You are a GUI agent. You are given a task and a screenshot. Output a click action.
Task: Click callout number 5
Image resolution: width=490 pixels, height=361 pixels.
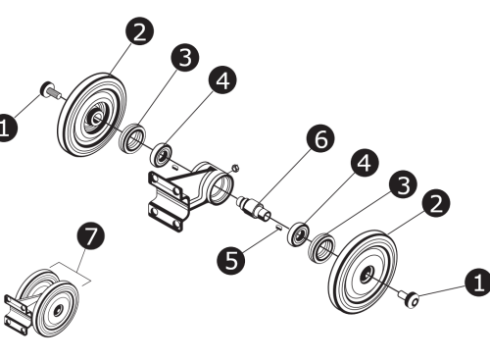230,260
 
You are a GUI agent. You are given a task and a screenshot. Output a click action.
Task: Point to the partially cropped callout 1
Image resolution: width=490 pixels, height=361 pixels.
5,128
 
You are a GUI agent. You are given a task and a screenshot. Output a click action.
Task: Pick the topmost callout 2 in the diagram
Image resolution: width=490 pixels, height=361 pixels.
139,32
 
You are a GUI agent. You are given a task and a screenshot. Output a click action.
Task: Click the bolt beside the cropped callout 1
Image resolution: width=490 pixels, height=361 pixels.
49,92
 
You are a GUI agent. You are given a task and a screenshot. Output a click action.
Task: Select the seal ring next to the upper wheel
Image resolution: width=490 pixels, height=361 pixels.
130,138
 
